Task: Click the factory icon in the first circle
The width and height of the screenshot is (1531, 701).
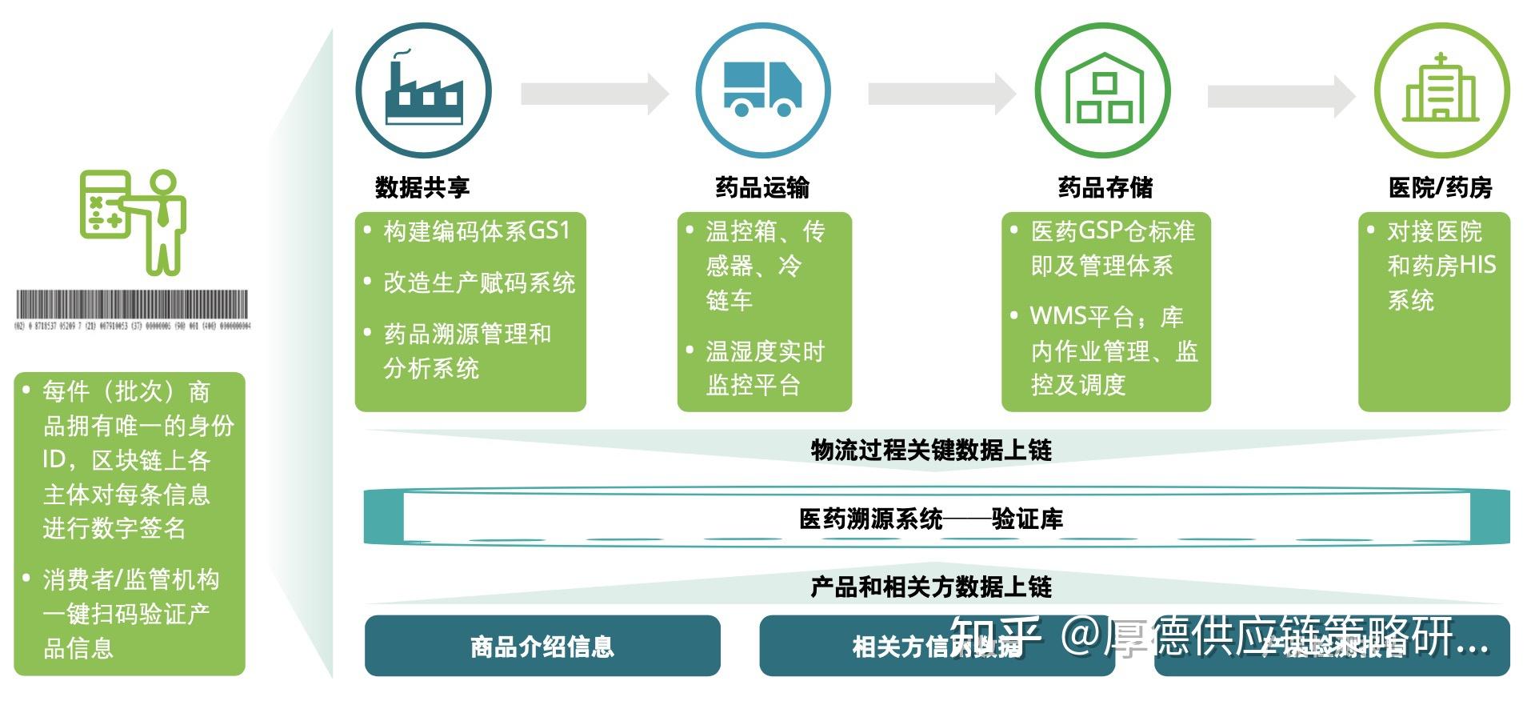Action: [424, 90]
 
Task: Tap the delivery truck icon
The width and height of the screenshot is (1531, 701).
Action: [762, 90]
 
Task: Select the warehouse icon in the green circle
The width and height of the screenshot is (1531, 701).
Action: [1103, 90]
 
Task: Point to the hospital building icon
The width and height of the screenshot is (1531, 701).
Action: [1441, 90]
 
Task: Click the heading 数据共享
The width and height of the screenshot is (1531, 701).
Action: [422, 187]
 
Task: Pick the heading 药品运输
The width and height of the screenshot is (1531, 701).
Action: [762, 187]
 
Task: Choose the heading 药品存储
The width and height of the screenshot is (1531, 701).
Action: [1105, 187]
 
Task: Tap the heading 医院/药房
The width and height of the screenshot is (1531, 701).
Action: [1440, 187]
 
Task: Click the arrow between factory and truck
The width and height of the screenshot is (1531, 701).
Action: [594, 94]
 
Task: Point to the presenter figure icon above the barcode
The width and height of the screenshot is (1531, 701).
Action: [134, 221]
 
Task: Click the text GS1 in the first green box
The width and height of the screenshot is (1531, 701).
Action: [550, 231]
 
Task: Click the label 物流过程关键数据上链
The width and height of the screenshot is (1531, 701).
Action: [931, 450]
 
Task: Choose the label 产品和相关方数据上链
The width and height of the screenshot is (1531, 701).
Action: [931, 587]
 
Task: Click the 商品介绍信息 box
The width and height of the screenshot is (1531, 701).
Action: [542, 646]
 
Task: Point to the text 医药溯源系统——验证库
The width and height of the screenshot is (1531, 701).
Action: [931, 519]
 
